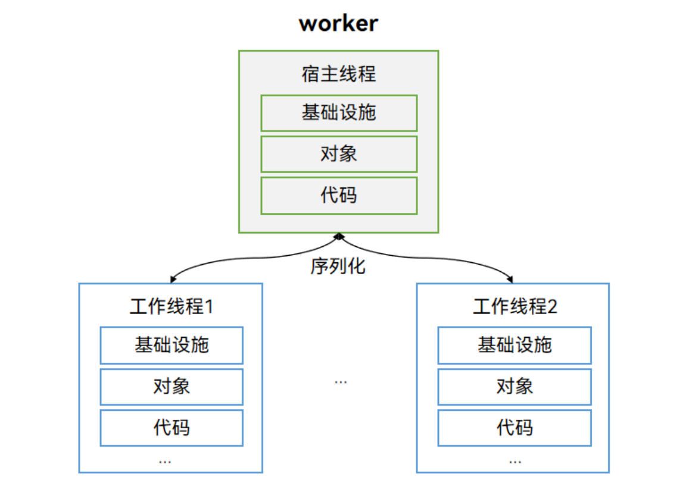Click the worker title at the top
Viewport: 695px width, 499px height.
tap(338, 23)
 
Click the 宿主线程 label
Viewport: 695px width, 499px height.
tap(338, 74)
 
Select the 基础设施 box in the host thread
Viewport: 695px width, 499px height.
tap(338, 113)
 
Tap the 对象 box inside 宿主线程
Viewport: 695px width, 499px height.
tap(338, 154)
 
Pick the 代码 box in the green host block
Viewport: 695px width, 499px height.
tap(338, 195)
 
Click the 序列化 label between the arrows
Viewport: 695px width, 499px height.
tap(338, 266)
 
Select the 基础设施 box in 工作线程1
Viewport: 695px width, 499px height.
tap(172, 345)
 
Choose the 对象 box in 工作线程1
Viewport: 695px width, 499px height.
tap(172, 387)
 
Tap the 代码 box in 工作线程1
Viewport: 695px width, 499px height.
tap(172, 428)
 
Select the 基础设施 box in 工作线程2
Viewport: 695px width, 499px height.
tap(515, 345)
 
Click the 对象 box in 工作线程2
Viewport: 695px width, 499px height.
tap(515, 387)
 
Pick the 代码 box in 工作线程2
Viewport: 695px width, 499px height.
tap(515, 428)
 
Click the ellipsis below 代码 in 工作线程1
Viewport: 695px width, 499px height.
tap(165, 462)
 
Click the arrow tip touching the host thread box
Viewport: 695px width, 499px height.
tap(338, 237)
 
